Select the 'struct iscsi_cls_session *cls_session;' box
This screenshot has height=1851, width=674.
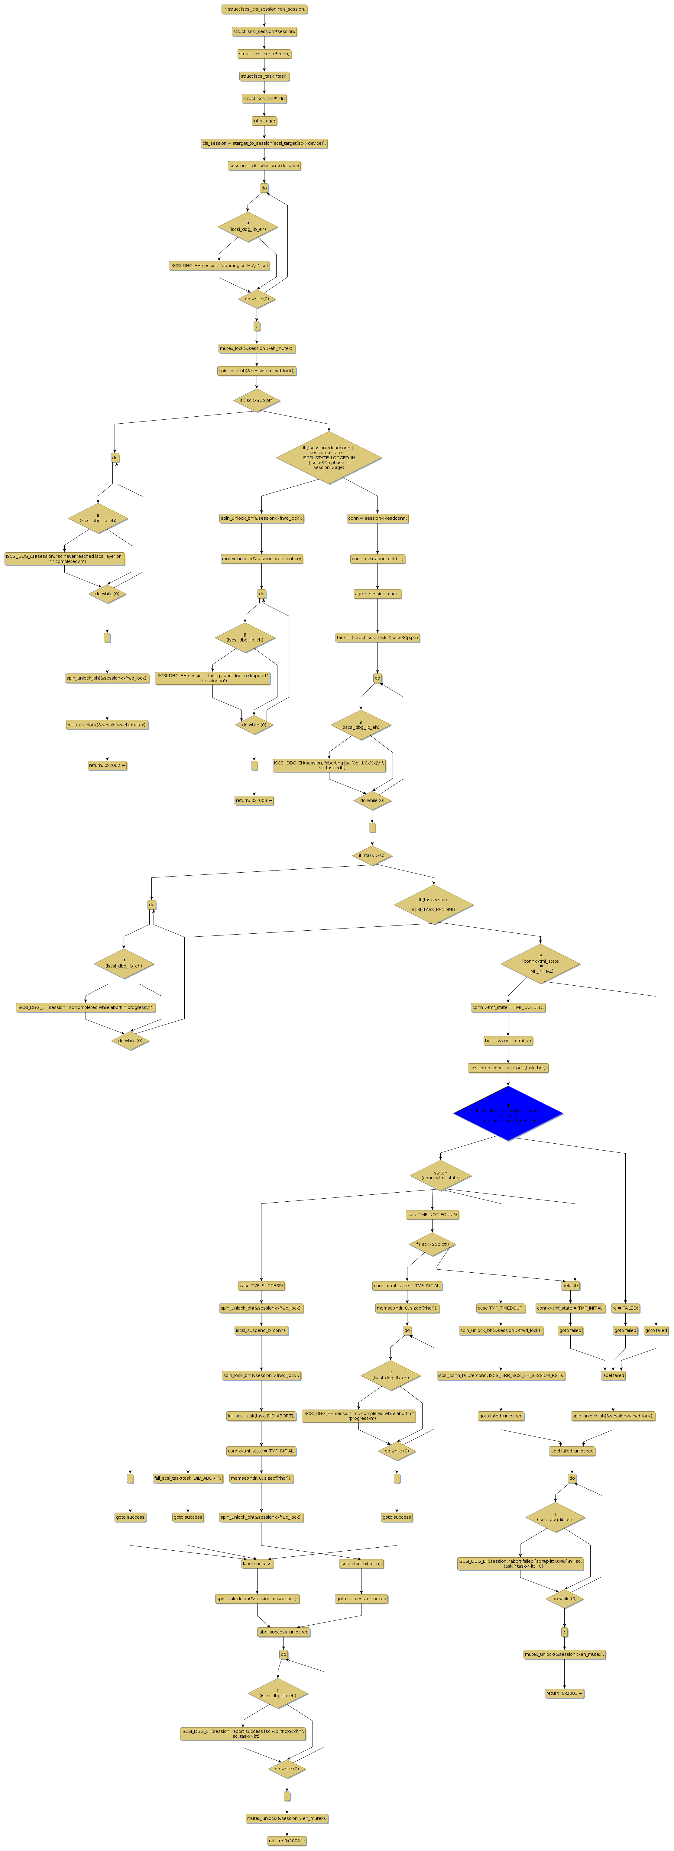(x=264, y=9)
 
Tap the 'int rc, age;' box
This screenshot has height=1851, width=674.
(x=264, y=121)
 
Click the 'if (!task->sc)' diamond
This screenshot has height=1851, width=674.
(x=372, y=855)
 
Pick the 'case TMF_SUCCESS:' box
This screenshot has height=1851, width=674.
(x=261, y=1285)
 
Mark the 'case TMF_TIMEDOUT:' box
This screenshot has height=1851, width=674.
(x=501, y=1308)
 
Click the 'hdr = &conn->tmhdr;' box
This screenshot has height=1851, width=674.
(x=508, y=1040)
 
